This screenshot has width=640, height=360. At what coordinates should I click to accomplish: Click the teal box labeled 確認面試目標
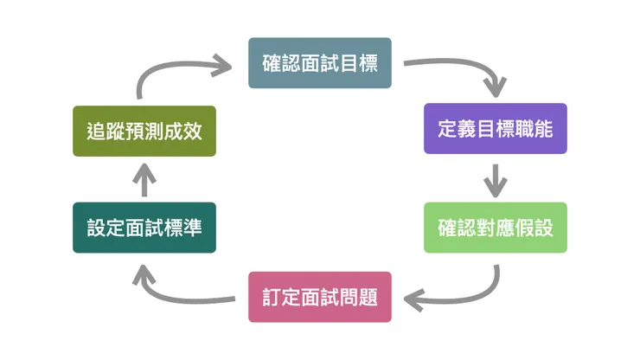tap(319, 62)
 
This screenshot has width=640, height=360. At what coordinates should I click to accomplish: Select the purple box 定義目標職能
tap(495, 129)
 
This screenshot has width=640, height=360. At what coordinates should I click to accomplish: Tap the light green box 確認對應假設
tap(495, 228)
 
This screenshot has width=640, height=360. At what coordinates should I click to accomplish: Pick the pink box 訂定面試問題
tap(319, 296)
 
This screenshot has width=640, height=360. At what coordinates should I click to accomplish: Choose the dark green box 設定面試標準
tap(144, 228)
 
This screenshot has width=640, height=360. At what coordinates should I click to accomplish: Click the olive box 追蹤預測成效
tap(144, 131)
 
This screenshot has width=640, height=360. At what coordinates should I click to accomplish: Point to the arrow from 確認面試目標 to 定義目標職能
tap(467, 69)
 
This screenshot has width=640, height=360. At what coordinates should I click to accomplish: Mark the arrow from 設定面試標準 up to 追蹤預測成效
tap(144, 179)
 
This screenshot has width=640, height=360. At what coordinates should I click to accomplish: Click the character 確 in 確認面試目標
tap(272, 62)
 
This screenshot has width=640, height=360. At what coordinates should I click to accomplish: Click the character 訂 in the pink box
tap(272, 296)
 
